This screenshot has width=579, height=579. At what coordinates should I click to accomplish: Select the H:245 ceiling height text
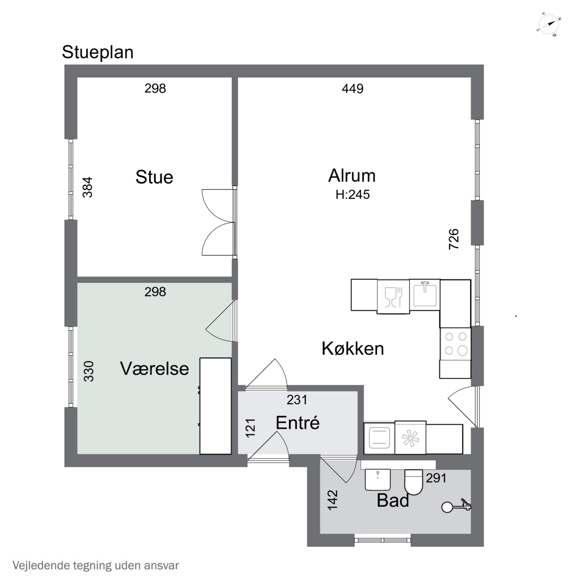352,195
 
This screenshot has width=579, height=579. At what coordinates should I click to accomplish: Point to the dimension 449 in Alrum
352,89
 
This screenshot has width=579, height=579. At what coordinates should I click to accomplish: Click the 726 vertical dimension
454,239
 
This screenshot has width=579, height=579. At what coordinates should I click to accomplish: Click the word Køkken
352,349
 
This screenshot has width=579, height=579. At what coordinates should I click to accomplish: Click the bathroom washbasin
378,479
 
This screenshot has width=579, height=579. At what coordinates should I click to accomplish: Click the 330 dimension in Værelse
89,371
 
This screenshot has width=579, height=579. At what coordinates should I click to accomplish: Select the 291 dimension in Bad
436,478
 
